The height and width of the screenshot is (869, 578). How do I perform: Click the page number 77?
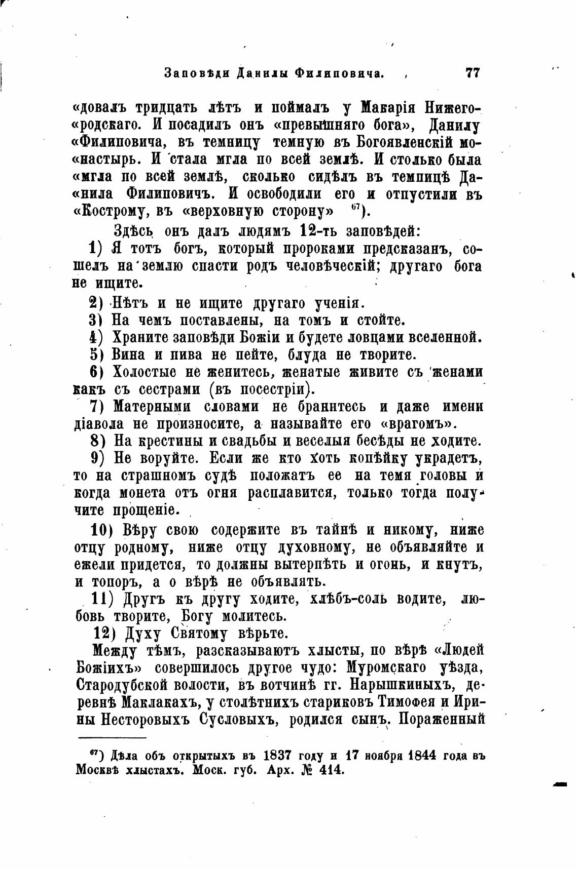pos(472,73)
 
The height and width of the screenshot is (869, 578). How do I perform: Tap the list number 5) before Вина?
pos(96,354)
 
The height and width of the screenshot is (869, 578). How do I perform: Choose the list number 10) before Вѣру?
pos(104,530)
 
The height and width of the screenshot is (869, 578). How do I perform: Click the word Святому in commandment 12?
pos(201,634)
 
